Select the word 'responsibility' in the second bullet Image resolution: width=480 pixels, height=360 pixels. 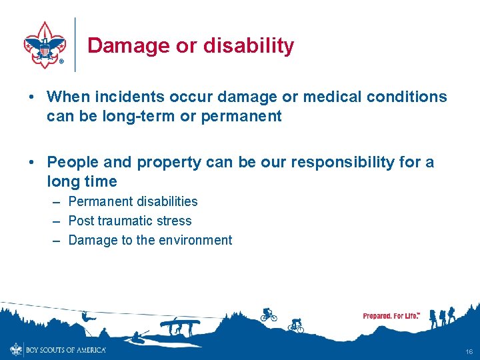(340, 162)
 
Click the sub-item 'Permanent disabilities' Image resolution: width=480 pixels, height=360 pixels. (133, 201)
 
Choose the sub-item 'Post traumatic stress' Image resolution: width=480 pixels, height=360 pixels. (129, 221)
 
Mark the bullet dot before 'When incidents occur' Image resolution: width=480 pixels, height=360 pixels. (32, 97)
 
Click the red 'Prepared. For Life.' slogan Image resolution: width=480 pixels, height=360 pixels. (391, 315)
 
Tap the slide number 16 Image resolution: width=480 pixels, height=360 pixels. (469, 351)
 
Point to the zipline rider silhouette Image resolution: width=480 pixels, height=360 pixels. (87, 316)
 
